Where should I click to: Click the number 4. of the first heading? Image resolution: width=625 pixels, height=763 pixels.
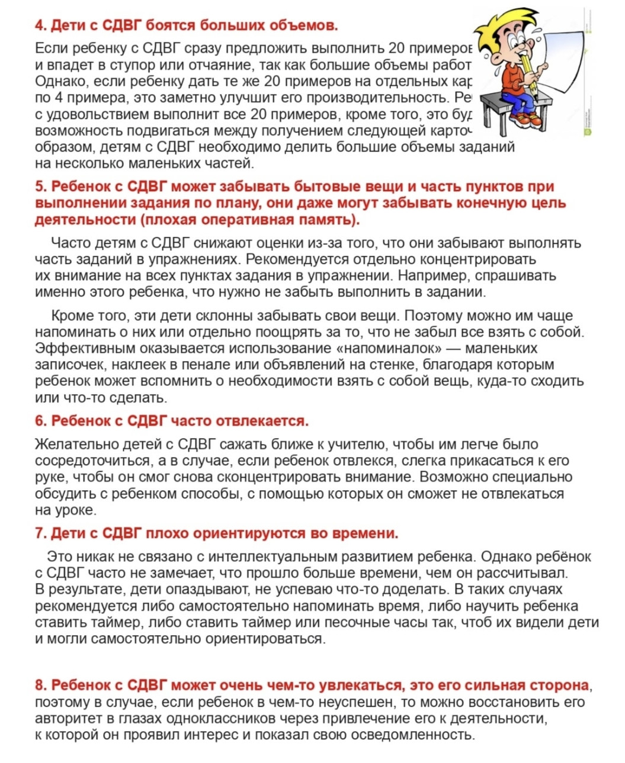[40, 25]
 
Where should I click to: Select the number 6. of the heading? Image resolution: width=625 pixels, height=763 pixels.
[40, 421]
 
